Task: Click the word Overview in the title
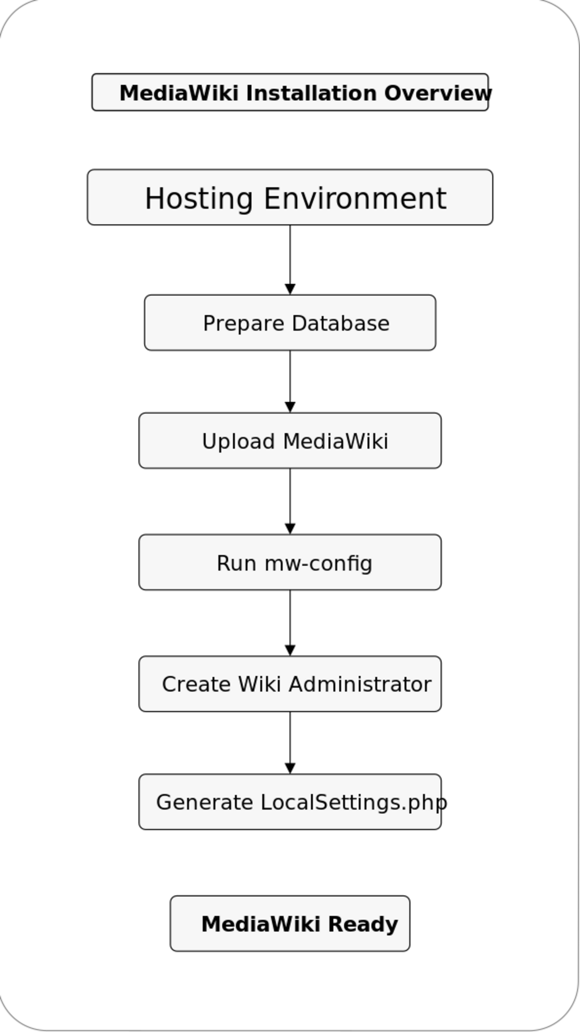[x=438, y=93]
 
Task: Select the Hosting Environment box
[x=290, y=197]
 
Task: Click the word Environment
[x=355, y=198]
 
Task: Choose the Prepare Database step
[x=290, y=322]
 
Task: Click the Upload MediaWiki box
[x=290, y=440]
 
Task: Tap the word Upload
[x=238, y=442]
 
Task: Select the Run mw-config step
[x=290, y=562]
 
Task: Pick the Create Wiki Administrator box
[x=290, y=684]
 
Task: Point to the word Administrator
[x=360, y=684]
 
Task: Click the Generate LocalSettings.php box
[x=290, y=802]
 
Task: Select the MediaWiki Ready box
[x=290, y=924]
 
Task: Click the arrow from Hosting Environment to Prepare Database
[x=290, y=260]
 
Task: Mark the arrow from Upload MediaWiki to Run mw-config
[x=290, y=501]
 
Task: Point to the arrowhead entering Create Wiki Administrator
[x=290, y=650]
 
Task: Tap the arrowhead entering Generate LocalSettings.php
[x=290, y=768]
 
